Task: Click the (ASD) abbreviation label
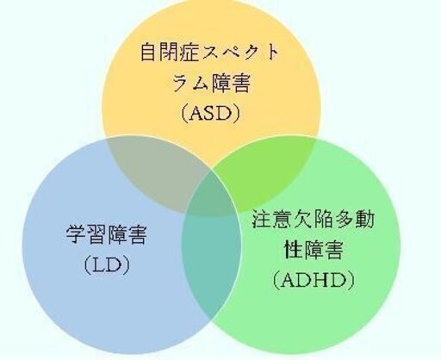tap(210, 114)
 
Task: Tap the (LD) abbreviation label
tap(107, 264)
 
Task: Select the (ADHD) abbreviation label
tap(314, 280)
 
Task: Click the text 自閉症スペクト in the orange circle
tap(209, 53)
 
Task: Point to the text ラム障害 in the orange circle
tap(211, 83)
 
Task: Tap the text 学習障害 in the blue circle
tap(107, 234)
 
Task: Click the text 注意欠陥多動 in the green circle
tap(314, 219)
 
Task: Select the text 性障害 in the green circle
tap(314, 250)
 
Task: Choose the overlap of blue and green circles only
tap(212, 258)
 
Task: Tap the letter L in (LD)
tap(97, 265)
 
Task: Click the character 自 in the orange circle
tap(149, 53)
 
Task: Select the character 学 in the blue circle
tap(76, 234)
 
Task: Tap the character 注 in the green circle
tap(262, 219)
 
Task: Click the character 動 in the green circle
tap(365, 219)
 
